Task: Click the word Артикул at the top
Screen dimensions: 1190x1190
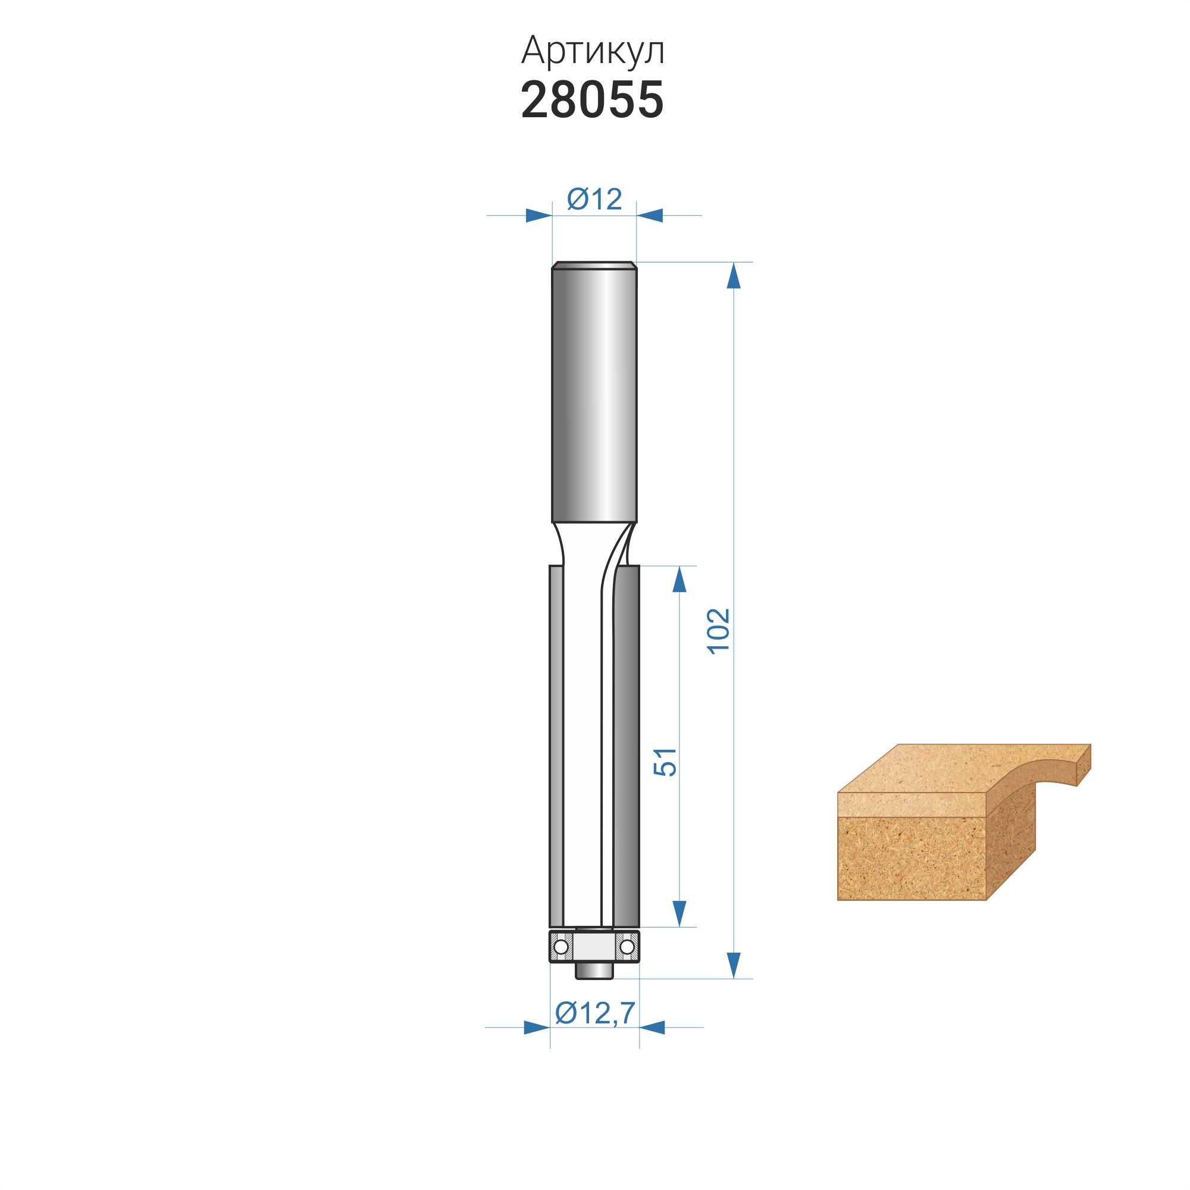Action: pyautogui.click(x=593, y=51)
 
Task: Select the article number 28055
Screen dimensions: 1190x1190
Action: pyautogui.click(x=593, y=100)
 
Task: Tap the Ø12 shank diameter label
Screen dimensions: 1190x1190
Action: pyautogui.click(x=594, y=199)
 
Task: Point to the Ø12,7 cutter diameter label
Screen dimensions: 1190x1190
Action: pyautogui.click(x=595, y=1013)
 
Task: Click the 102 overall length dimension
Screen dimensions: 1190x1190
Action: pyautogui.click(x=718, y=631)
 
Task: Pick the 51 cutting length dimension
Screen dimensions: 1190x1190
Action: pyautogui.click(x=665, y=762)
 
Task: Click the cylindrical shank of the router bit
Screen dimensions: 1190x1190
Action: pyautogui.click(x=594, y=392)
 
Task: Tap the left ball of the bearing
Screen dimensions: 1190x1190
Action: pyautogui.click(x=561, y=946)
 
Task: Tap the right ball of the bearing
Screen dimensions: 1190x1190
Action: pyautogui.click(x=627, y=946)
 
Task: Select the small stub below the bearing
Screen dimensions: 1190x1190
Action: pyautogui.click(x=594, y=970)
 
